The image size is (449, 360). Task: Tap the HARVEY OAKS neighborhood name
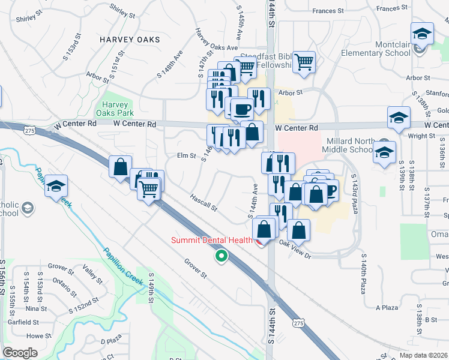(x=130, y=40)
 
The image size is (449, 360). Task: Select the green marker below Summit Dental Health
(x=221, y=256)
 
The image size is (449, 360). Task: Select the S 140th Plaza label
(x=364, y=274)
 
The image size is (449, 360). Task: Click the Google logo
(x=20, y=353)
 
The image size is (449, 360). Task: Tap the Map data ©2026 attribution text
(x=424, y=355)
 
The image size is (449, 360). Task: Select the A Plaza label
(x=387, y=308)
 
